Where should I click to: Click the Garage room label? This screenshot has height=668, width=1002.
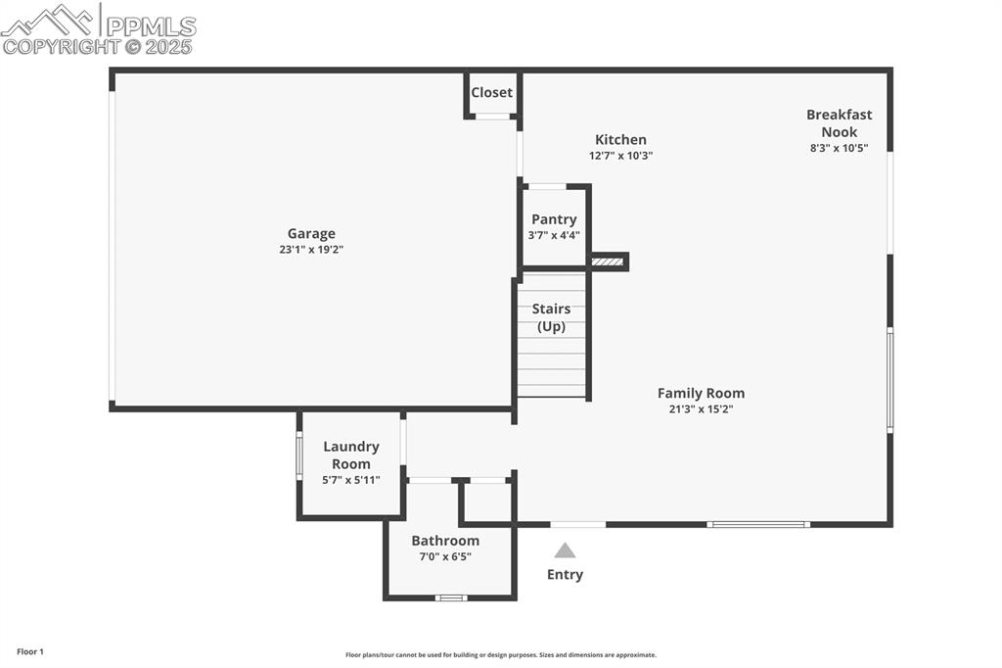311,234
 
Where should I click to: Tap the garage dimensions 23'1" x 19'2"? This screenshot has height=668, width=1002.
311,250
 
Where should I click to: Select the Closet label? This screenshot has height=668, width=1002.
491,92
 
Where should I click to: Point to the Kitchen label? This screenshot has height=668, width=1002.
620,139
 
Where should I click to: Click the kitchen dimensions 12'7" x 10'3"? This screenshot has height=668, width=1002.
620,156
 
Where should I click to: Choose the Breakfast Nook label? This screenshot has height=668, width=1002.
839,122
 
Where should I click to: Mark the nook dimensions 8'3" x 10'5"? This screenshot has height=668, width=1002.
839,148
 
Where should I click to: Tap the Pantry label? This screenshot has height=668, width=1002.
554,219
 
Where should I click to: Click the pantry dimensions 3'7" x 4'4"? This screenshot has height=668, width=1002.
554,235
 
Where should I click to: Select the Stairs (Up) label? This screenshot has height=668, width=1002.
552,317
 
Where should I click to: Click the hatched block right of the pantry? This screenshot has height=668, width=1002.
607,262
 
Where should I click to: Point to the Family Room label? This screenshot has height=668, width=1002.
701,393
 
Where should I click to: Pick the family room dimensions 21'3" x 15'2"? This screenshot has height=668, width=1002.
701,408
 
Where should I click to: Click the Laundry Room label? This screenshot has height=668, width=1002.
351,454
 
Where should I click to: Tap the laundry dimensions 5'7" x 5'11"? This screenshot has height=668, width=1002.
351,480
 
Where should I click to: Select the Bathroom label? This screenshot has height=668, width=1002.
445,541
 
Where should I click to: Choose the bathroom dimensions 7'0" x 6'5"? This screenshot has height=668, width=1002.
445,556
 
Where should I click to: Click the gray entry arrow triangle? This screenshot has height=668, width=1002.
565,550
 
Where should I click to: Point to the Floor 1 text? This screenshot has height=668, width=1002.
30,652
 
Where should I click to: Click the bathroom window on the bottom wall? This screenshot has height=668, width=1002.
451,598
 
